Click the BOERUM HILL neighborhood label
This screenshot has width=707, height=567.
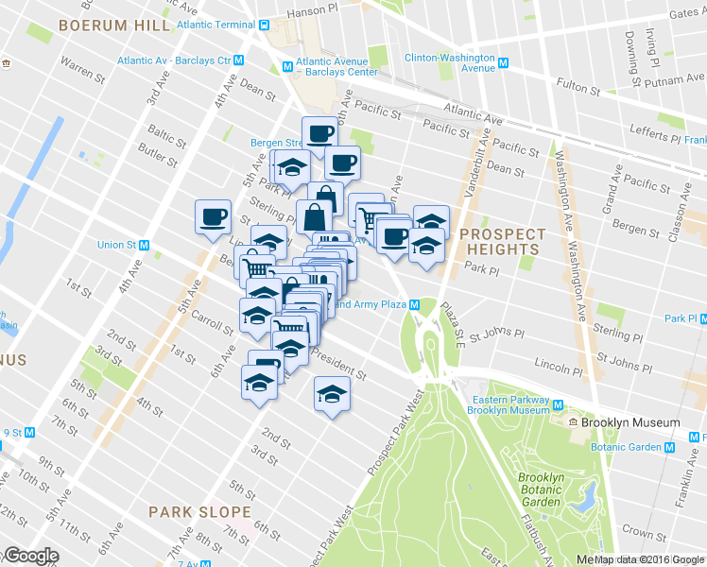(109, 26)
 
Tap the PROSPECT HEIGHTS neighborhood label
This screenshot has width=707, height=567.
(502, 242)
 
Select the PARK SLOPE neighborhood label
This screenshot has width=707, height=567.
(199, 511)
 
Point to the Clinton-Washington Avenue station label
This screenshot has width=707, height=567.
(450, 62)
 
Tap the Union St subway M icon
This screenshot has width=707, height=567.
(144, 245)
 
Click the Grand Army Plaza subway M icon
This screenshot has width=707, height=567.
(414, 304)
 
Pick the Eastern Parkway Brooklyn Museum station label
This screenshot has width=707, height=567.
(509, 404)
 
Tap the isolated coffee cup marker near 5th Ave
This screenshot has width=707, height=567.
(212, 215)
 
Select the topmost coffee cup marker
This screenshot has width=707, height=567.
(319, 131)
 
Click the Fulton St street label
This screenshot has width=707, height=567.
(574, 84)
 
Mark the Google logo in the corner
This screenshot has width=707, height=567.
(30, 556)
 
